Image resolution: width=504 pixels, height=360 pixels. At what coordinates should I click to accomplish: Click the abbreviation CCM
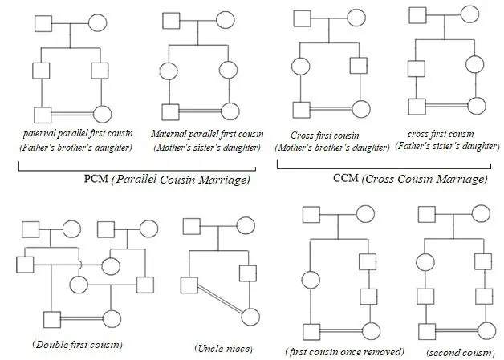pos(347,178)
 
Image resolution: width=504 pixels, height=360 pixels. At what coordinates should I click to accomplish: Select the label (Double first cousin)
pos(77,344)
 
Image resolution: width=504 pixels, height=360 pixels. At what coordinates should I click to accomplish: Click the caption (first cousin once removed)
pos(344,352)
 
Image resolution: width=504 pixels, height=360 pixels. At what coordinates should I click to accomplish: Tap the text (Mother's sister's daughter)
pos(205,147)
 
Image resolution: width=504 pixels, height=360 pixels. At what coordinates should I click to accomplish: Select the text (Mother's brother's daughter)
pos(332,148)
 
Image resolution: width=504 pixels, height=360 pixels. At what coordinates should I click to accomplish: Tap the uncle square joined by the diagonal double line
pos(189,283)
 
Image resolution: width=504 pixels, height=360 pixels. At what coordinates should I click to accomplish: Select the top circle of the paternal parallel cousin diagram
pos(99,22)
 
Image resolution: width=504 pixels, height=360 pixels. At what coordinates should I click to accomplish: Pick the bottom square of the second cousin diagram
pos(425,330)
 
